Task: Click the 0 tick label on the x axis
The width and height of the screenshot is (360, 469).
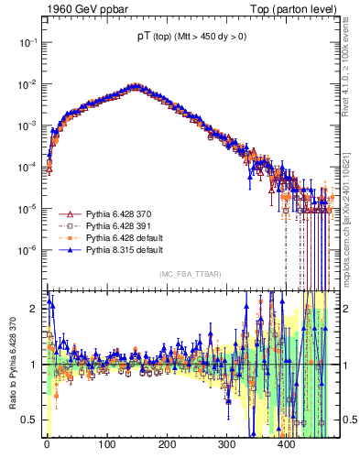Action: click(x=47, y=443)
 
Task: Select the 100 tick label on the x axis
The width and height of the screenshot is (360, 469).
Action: click(x=106, y=443)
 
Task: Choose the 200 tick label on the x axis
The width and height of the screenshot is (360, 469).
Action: click(x=167, y=443)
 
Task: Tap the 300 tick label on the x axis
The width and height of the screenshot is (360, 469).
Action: click(x=226, y=443)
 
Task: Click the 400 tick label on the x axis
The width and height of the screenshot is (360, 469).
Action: click(x=286, y=443)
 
